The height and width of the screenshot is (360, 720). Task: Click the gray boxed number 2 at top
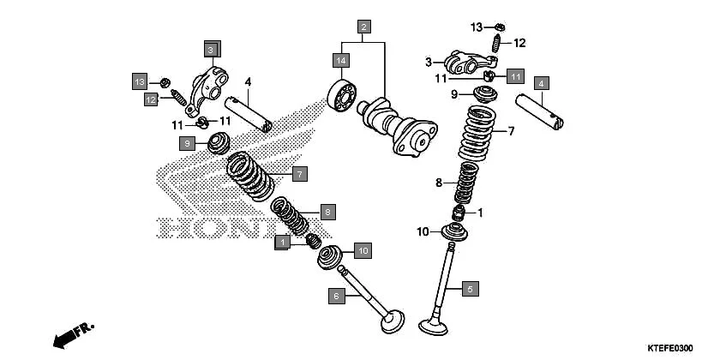coord(364,27)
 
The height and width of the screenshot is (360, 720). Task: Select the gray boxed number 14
coord(341,60)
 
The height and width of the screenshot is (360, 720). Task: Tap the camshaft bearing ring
coord(342,94)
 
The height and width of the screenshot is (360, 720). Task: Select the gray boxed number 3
coord(211,49)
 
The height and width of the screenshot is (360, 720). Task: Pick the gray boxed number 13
coord(140,81)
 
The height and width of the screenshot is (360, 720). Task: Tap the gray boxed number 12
coord(151,99)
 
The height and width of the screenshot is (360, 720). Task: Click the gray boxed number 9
coord(187,144)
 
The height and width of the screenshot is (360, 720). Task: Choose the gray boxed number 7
coord(297,174)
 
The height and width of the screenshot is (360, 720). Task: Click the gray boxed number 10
coord(362,251)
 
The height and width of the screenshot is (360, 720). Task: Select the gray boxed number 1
coord(282,243)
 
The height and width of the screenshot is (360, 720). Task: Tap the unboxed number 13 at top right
coord(476,27)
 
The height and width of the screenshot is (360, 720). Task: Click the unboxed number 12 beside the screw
coord(519,43)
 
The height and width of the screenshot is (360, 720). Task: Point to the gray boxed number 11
coord(514,77)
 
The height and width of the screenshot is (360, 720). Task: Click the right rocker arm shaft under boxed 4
coord(540,112)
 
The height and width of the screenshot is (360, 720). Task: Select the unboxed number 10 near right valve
coord(423,231)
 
